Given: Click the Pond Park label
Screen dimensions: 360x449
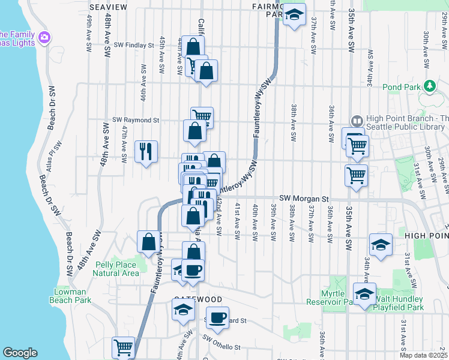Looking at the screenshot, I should [x=400, y=87].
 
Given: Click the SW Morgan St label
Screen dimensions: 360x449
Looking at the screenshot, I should [x=305, y=198].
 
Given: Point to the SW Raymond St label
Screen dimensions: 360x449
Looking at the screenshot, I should [x=136, y=120].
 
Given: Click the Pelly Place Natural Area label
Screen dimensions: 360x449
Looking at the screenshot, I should [x=116, y=269].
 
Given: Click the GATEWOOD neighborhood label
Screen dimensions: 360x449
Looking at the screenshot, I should [x=198, y=299].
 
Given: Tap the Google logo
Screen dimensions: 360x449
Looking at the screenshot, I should [x=20, y=353].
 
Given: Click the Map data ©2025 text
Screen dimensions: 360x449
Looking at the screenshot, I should [x=423, y=355].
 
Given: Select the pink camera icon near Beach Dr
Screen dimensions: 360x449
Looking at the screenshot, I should [x=44, y=38].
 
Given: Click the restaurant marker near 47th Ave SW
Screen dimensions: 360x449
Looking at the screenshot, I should [x=146, y=151].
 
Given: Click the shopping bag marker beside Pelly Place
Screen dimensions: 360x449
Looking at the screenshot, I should [x=148, y=242].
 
